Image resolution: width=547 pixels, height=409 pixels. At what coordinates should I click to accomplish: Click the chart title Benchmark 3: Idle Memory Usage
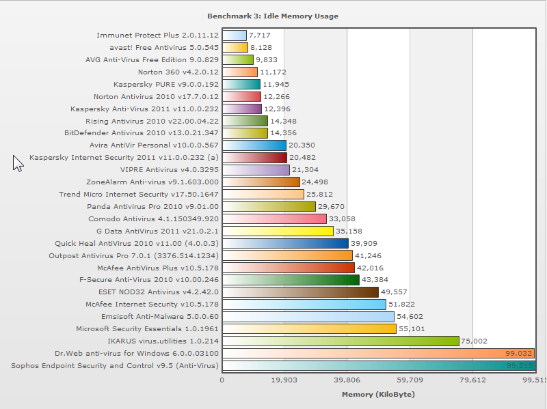tap(272, 16)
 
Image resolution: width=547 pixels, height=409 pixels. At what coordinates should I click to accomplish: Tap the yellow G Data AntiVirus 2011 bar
tap(278, 231)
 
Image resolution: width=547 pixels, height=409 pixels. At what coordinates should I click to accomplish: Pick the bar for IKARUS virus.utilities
tap(341, 341)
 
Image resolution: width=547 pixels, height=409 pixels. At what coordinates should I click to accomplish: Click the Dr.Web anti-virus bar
tap(378, 353)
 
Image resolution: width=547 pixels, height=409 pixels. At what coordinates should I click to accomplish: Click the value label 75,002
tap(474, 341)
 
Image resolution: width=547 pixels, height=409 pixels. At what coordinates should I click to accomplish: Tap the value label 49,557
tap(394, 292)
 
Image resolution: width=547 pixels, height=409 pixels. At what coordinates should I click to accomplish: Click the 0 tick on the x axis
tap(222, 380)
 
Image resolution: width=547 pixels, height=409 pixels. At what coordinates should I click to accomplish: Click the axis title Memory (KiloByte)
tap(378, 395)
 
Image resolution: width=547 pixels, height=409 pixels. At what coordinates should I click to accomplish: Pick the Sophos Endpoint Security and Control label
tap(115, 365)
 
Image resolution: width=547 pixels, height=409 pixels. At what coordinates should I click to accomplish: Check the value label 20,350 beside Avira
tap(301, 145)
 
